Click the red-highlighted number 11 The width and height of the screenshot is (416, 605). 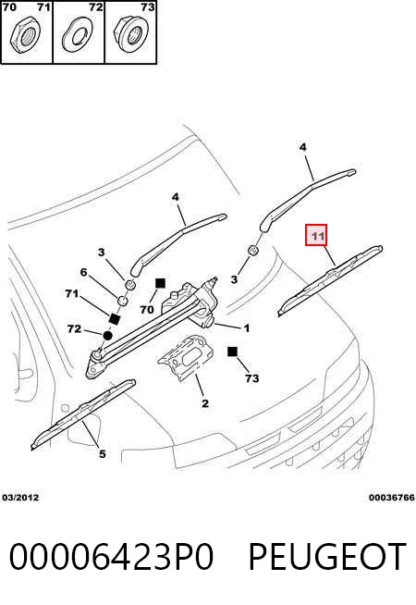pyautogui.click(x=316, y=235)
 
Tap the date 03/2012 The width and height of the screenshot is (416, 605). pyautogui.click(x=21, y=498)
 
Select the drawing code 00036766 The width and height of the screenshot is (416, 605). pyautogui.click(x=392, y=498)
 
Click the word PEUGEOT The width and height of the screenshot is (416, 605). pyautogui.click(x=327, y=556)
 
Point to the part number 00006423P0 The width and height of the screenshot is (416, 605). pyautogui.click(x=111, y=556)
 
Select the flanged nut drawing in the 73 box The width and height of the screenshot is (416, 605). pyautogui.click(x=132, y=34)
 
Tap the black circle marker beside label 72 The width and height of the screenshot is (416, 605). pyautogui.click(x=107, y=335)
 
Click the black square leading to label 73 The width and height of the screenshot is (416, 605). pyautogui.click(x=232, y=352)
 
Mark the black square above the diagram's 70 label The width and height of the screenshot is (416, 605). pyautogui.click(x=160, y=283)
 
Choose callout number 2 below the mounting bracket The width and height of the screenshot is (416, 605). pyautogui.click(x=204, y=403)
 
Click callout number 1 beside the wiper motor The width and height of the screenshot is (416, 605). pyautogui.click(x=247, y=328)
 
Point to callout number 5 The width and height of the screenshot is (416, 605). pyautogui.click(x=102, y=453)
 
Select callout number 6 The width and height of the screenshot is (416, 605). pyautogui.click(x=84, y=272)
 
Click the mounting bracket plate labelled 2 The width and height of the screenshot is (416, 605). pyautogui.click(x=186, y=357)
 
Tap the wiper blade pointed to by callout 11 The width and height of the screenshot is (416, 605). pyautogui.click(x=330, y=279)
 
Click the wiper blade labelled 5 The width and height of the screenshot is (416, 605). pyautogui.click(x=83, y=414)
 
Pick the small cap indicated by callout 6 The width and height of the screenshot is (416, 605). pyautogui.click(x=123, y=300)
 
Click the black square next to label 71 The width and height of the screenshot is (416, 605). pyautogui.click(x=115, y=319)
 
